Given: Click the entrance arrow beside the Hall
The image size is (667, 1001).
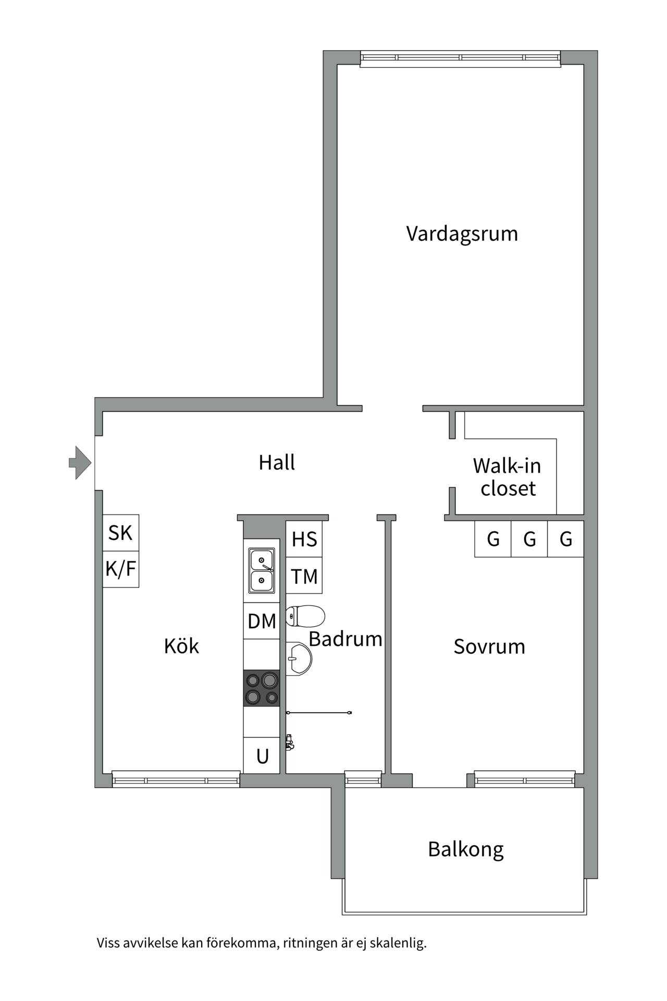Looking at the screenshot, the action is click(x=80, y=462).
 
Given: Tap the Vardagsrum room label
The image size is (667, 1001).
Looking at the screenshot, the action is click(x=462, y=234).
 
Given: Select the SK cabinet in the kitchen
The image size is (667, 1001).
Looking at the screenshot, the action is click(x=121, y=533).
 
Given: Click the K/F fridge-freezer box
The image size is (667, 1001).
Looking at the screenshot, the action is click(x=121, y=569).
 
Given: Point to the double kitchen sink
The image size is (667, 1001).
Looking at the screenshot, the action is click(x=262, y=570).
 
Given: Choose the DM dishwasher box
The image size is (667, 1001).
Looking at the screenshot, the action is click(x=262, y=621).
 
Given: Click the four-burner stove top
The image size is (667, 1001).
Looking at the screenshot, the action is click(x=262, y=688).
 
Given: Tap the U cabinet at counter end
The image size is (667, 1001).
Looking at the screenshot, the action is click(x=262, y=755).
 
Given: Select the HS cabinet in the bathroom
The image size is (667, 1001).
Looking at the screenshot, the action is click(x=304, y=539).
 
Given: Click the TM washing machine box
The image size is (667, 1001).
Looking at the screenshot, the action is click(x=304, y=576).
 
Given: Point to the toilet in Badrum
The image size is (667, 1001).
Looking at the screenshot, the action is click(x=305, y=616).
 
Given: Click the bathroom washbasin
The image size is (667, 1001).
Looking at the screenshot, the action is click(x=299, y=659).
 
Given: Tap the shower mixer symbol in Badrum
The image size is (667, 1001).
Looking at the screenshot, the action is click(x=290, y=742).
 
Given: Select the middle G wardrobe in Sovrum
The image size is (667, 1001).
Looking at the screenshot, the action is click(x=529, y=539).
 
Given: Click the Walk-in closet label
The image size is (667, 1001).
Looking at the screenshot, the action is click(x=508, y=477).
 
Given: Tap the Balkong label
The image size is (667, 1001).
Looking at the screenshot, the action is click(x=466, y=850).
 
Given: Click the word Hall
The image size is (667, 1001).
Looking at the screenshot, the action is click(x=277, y=462).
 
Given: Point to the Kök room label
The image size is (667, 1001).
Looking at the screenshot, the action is click(x=181, y=646).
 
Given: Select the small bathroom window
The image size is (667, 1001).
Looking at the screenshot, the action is click(x=363, y=778).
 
